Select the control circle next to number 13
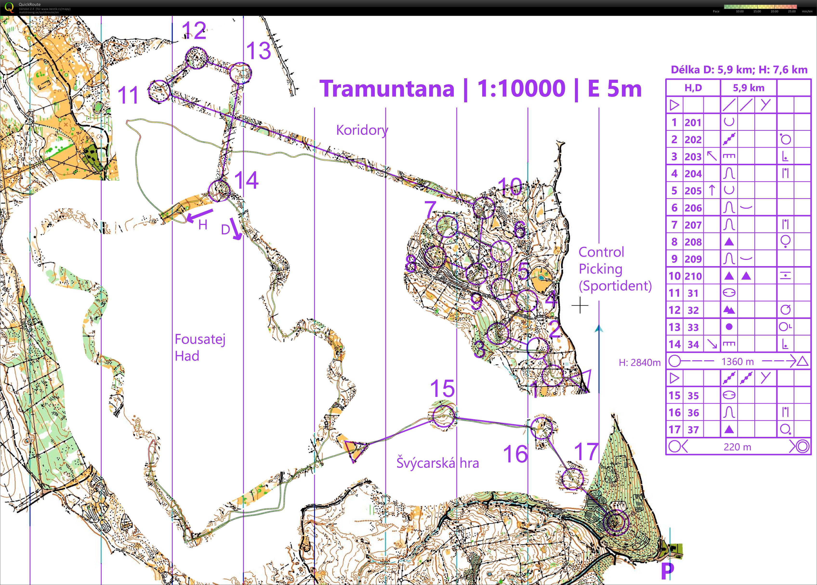click(x=240, y=73)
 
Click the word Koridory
click(x=362, y=130)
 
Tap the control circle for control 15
click(x=443, y=416)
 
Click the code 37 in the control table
click(x=693, y=430)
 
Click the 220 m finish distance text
click(x=737, y=447)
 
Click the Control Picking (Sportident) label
click(x=614, y=269)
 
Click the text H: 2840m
click(x=639, y=363)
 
